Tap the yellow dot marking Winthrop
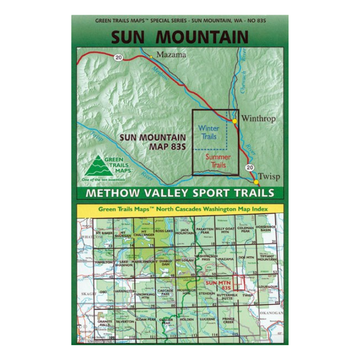234,121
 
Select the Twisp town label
269,176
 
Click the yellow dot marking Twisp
256,181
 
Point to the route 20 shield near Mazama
118,57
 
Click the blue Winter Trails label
209,132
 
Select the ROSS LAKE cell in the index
164,231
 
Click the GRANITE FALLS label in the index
105,322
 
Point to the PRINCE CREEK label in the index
228,320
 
